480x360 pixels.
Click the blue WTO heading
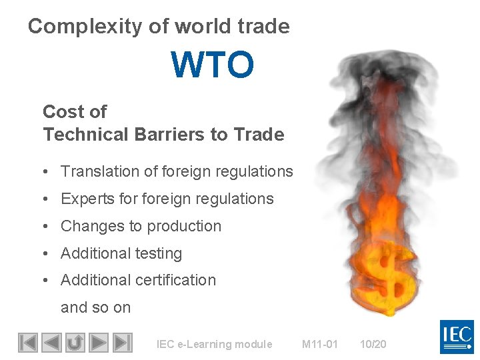coord(213,65)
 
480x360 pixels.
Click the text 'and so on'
coord(95,307)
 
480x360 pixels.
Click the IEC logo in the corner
coord(457,337)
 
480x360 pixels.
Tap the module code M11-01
coord(320,345)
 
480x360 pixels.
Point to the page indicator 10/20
coord(373,345)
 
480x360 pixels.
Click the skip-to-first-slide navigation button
coord(27,343)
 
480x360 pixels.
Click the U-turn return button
coord(75,343)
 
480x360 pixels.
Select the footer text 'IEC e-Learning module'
coord(214,345)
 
